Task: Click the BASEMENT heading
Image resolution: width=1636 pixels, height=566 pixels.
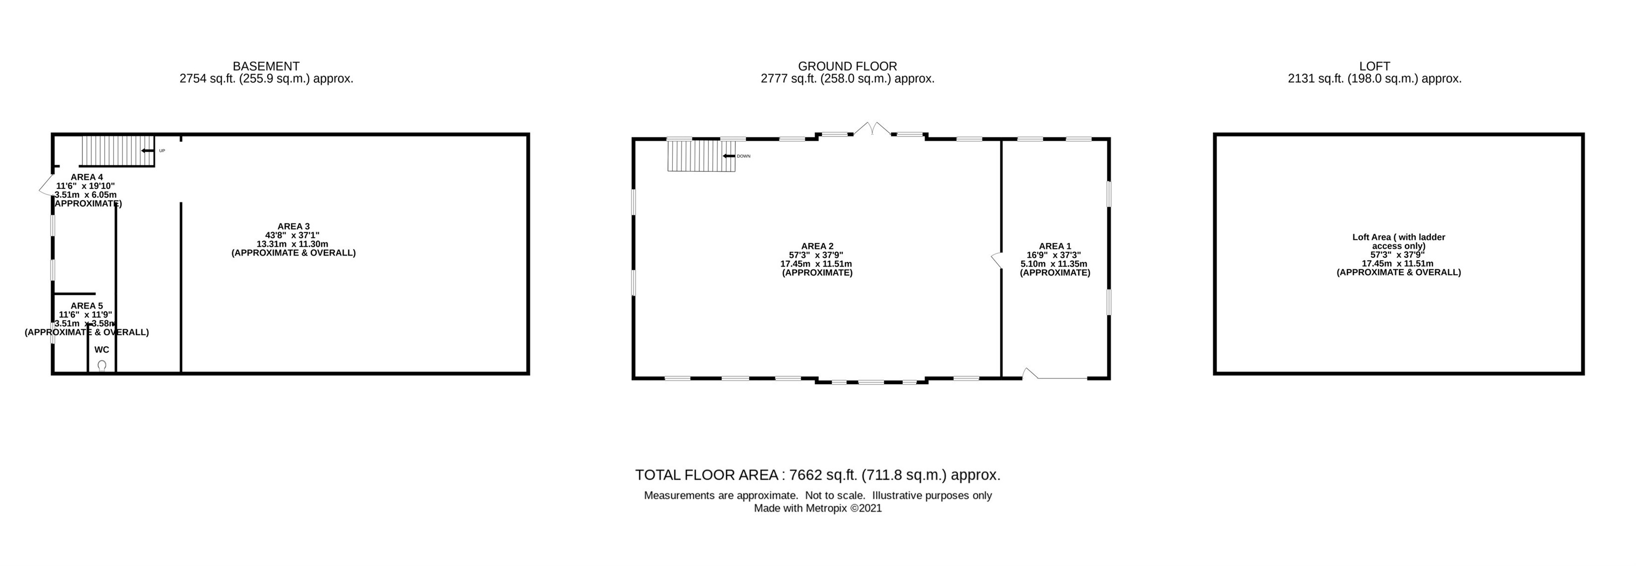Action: click(x=266, y=66)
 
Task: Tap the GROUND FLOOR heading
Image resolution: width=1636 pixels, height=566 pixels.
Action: click(x=847, y=66)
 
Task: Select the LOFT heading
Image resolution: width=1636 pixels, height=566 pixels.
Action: click(x=1374, y=66)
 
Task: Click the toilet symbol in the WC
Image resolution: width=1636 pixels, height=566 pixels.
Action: click(x=102, y=365)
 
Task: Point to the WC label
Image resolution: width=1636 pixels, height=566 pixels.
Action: click(x=102, y=349)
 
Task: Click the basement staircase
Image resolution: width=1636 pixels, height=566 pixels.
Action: click(x=118, y=151)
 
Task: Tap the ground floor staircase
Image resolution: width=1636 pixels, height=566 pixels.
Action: click(x=701, y=156)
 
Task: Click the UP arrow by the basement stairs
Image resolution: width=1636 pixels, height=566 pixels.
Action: click(x=148, y=151)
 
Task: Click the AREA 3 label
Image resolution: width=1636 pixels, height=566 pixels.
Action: click(x=293, y=226)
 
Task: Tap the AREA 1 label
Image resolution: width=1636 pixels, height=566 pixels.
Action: click(x=1055, y=246)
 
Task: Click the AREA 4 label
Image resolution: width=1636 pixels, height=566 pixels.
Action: click(x=87, y=176)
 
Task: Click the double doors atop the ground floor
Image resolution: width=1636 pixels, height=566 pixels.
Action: click(x=873, y=129)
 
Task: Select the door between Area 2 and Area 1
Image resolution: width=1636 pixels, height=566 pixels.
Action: click(x=996, y=260)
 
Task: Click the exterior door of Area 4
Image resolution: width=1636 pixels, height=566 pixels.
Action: click(x=46, y=184)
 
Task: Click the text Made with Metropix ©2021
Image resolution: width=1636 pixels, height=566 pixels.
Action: click(x=818, y=508)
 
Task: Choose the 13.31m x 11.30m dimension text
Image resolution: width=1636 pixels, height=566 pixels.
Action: click(x=292, y=244)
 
